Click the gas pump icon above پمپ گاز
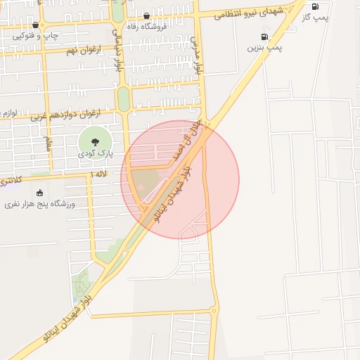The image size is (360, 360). coord(315,6)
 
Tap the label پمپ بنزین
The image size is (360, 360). coord(264,48)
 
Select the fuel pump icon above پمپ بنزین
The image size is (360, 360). coord(264,37)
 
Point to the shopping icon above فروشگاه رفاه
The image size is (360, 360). coord(146,15)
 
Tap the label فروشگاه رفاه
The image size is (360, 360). coord(146,27)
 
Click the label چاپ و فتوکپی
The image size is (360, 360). coord(36,34)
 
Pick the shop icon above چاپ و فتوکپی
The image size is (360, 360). coord(36,25)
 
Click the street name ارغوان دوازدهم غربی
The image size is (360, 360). coord(66,114)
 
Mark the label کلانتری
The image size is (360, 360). coord(10,181)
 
